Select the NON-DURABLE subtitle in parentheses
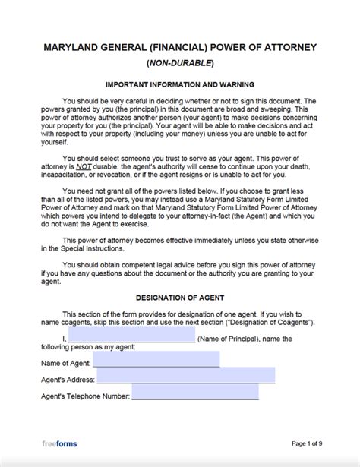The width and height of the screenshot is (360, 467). (x=179, y=62)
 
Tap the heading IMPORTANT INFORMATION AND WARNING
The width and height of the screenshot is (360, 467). (x=179, y=84)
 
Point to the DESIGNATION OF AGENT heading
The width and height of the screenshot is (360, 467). (x=179, y=295)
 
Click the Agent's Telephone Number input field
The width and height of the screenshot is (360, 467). (x=194, y=393)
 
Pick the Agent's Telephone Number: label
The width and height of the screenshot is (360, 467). (x=84, y=396)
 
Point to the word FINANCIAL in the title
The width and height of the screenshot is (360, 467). (x=187, y=46)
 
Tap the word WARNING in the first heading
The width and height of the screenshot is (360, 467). (x=234, y=84)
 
